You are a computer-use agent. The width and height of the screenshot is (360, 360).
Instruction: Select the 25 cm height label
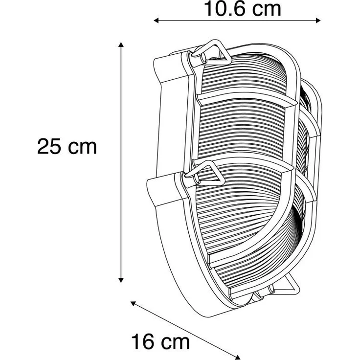[67, 147]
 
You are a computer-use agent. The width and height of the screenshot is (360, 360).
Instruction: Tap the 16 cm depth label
[160, 341]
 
